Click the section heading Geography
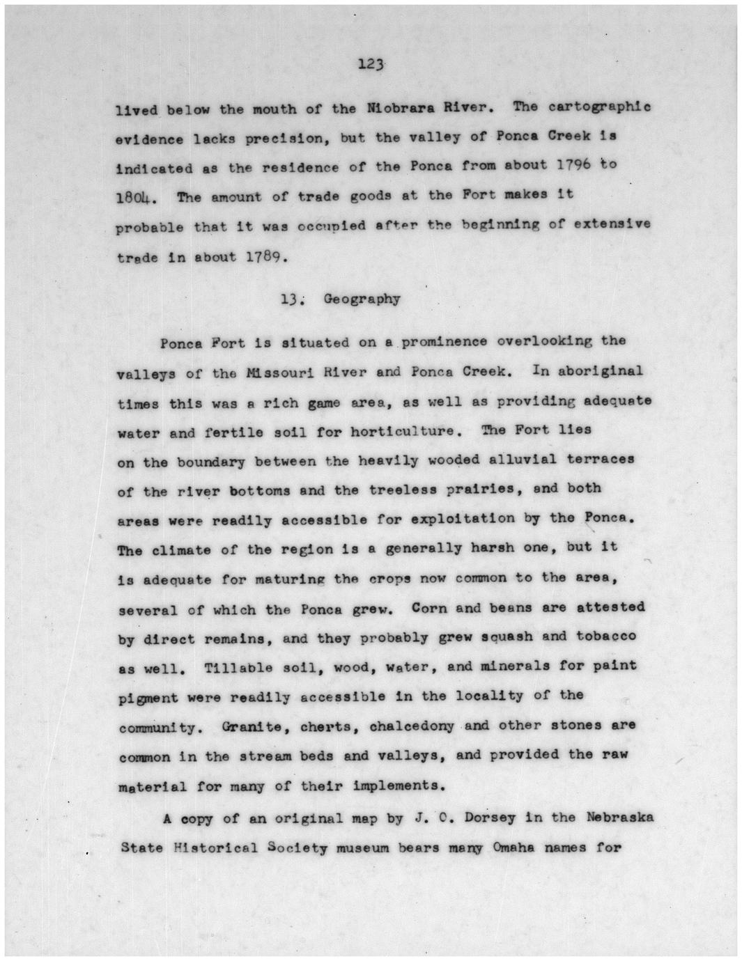pos(362,299)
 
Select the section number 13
pos(290,299)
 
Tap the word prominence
pos(444,341)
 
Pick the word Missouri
pos(277,372)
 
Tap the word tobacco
pos(605,636)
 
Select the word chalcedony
pos(412,726)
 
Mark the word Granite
pos(252,727)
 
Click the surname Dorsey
pos(486,818)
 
